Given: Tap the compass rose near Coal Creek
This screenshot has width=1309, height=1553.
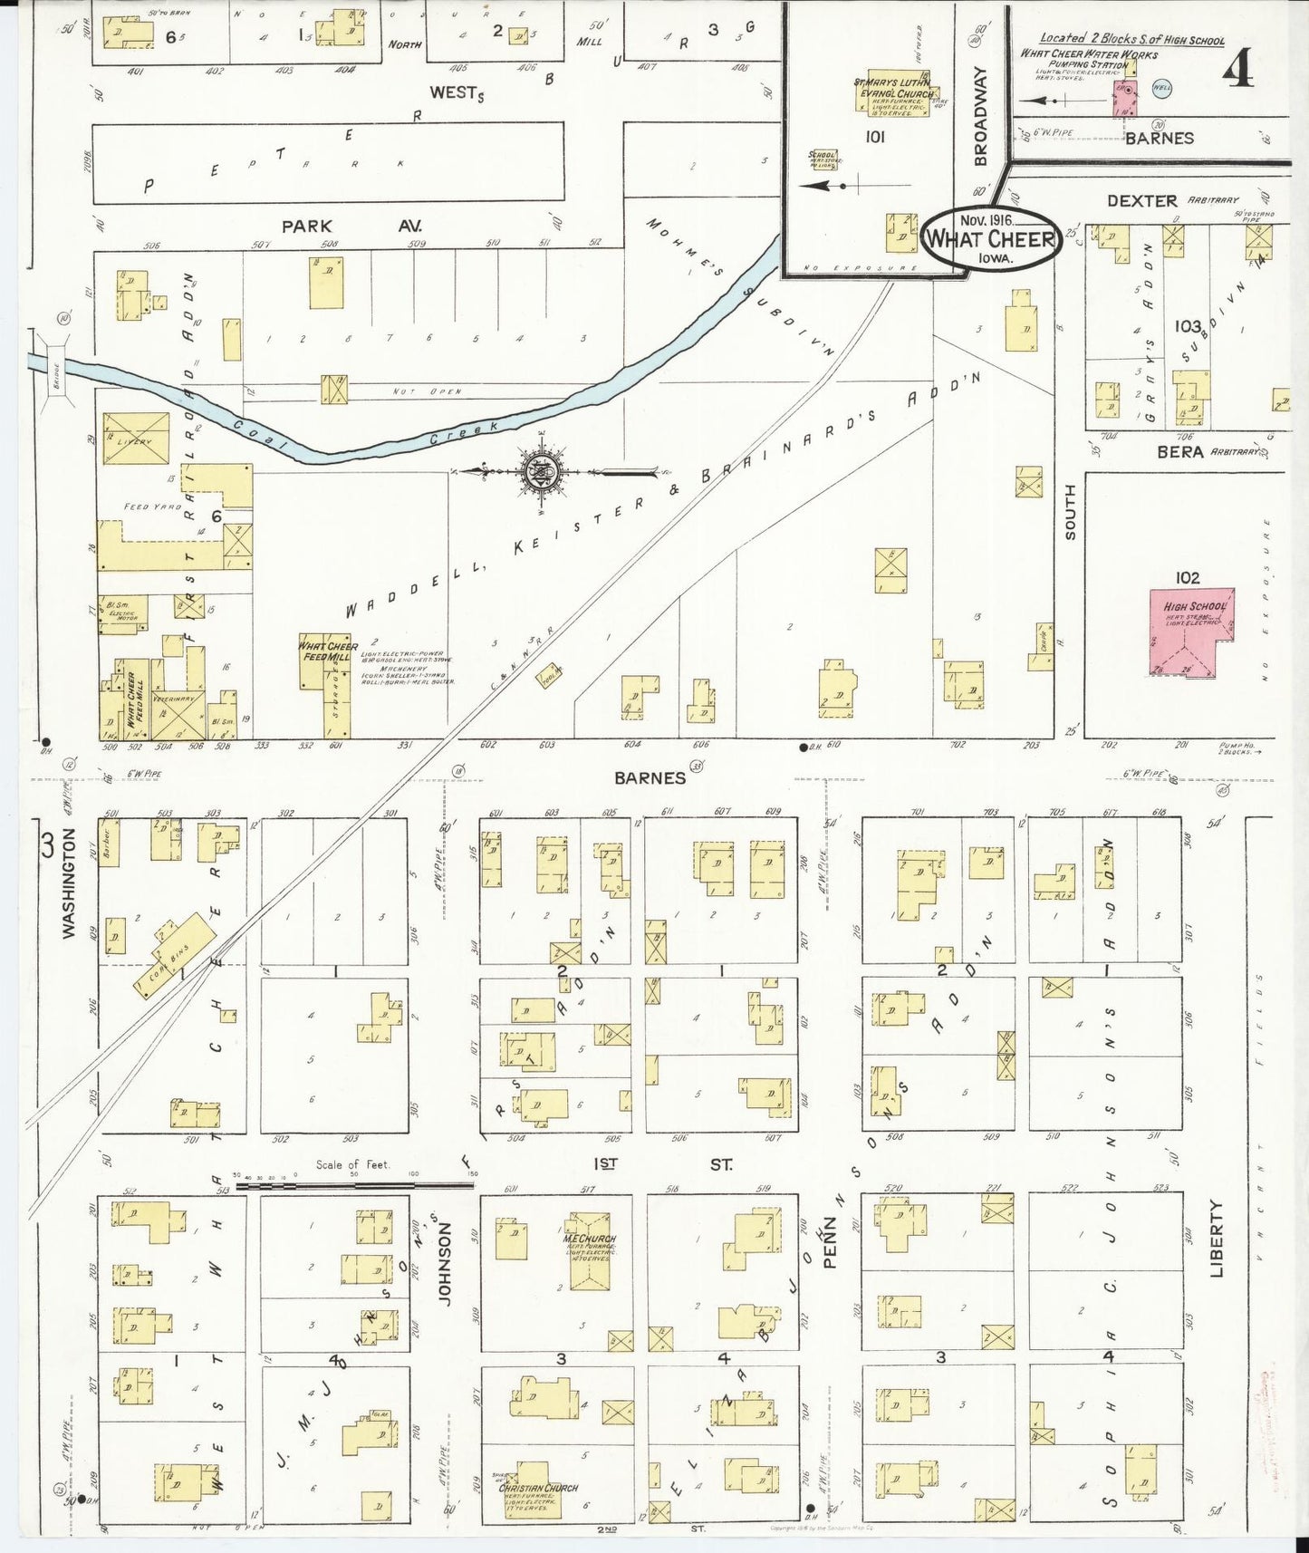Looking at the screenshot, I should coord(535,472).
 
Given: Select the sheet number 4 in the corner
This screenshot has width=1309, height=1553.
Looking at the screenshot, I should coord(1238,70).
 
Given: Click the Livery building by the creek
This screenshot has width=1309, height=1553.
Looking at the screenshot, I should coord(136,439).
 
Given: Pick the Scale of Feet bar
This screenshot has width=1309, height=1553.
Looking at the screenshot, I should coord(353,1183).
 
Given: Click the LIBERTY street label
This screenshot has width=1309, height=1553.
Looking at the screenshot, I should coord(1216,1238).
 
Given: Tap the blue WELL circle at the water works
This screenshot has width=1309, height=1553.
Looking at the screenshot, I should coord(1161,89).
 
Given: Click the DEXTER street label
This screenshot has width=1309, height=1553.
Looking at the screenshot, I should coord(1141,200).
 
